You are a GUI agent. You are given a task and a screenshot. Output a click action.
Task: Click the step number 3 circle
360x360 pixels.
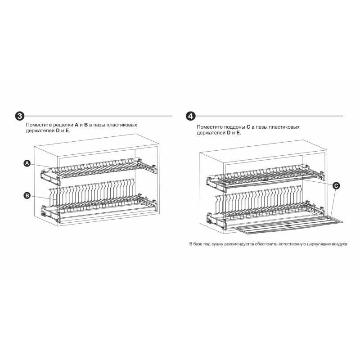pyautogui.click(x=20, y=116)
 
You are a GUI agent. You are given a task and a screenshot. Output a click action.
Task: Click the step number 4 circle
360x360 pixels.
pyautogui.click(x=190, y=116)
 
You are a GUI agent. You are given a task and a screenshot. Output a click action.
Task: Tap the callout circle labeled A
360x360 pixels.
pyautogui.click(x=27, y=163)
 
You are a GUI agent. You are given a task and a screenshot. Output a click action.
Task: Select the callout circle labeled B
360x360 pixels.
pyautogui.click(x=27, y=196)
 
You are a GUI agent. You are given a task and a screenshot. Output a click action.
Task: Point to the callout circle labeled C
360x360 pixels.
pyautogui.click(x=336, y=185)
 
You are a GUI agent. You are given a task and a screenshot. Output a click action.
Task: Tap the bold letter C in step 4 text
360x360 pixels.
pyautogui.click(x=248, y=127)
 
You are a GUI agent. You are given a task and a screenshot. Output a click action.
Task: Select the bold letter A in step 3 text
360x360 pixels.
pyautogui.click(x=76, y=125)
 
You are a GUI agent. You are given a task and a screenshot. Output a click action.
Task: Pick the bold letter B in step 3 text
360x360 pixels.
pyautogui.click(x=86, y=125)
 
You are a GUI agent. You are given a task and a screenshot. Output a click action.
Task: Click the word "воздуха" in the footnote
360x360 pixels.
pyautogui.click(x=340, y=244)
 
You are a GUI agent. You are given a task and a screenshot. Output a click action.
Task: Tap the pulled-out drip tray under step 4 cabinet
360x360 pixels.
pyautogui.click(x=288, y=225)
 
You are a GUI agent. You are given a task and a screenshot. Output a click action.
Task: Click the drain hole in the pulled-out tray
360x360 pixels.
pyautogui.click(x=288, y=225)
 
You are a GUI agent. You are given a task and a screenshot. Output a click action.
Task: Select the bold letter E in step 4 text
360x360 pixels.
pyautogui.click(x=238, y=133)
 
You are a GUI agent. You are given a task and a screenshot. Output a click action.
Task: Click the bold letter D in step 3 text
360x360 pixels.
pyautogui.click(x=58, y=130)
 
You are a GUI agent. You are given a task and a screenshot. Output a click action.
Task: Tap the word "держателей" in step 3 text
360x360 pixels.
pyautogui.click(x=40, y=131)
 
